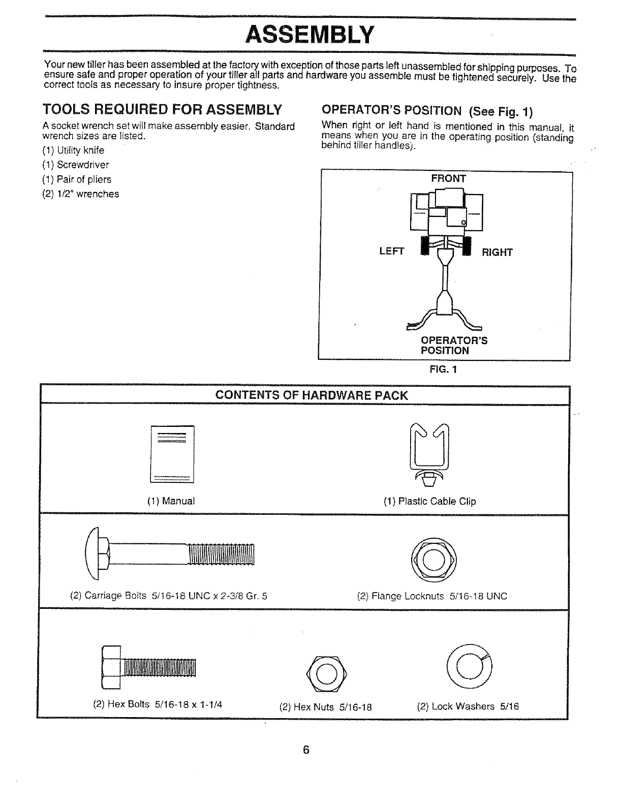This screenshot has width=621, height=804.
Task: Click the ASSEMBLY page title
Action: (309, 34)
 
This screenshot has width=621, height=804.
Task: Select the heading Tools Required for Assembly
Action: (162, 110)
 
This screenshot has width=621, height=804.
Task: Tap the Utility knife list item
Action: (73, 150)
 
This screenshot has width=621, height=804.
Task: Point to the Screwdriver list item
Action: (76, 165)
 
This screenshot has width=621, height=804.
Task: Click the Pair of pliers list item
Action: (77, 179)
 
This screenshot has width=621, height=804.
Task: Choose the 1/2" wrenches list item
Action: (81, 194)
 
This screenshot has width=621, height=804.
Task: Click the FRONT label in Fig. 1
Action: (448, 178)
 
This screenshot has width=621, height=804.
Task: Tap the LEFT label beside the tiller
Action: (391, 252)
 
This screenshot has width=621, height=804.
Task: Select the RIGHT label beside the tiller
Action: (498, 252)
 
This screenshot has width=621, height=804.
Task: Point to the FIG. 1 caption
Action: (444, 369)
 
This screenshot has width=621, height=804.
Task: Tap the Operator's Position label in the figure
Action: (454, 345)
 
